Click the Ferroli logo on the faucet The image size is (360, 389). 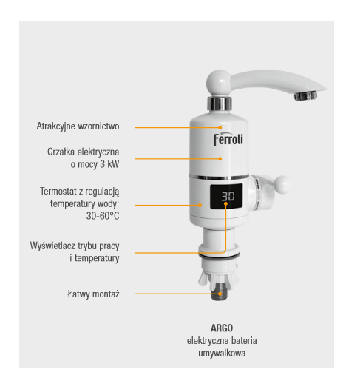(228, 140)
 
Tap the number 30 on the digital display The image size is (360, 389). (228, 196)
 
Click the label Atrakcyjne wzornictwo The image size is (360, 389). (78, 126)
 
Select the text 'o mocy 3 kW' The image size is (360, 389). (95, 164)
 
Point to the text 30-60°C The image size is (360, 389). (103, 216)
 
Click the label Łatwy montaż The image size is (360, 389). (93, 294)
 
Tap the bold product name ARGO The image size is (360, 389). (222, 328)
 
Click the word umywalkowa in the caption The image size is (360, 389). (222, 353)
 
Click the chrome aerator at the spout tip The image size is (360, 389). (306, 95)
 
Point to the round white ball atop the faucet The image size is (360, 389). (219, 82)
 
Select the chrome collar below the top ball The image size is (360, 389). (220, 104)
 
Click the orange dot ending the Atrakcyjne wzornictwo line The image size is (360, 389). (220, 127)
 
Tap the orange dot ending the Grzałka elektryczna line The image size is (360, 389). (220, 158)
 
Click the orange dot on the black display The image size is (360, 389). (225, 204)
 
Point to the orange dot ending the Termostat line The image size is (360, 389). (200, 205)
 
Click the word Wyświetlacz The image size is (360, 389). (52, 246)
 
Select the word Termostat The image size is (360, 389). (58, 192)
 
